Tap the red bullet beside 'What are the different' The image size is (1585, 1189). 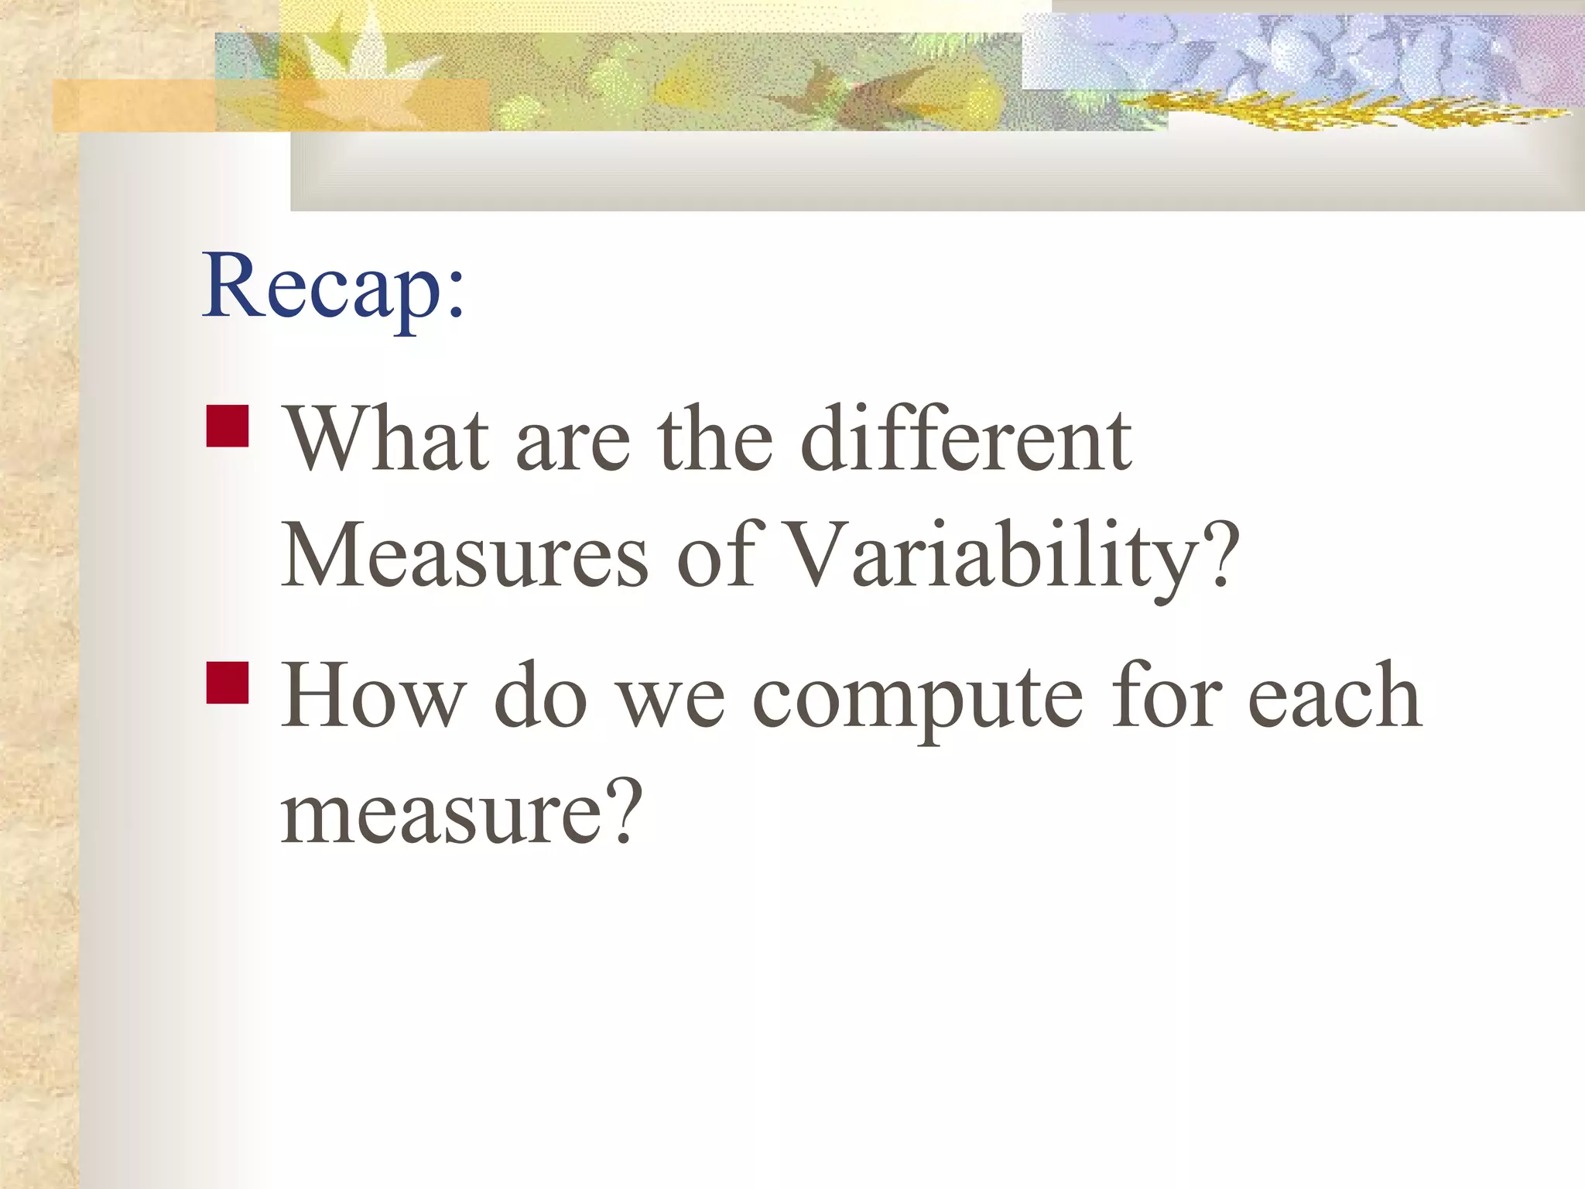tap(228, 427)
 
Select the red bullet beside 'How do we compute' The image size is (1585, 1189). tap(228, 682)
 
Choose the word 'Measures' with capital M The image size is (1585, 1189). tap(465, 555)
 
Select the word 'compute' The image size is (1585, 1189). tap(918, 697)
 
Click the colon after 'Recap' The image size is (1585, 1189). tap(455, 298)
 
